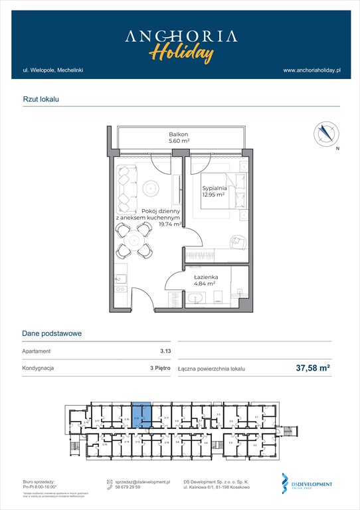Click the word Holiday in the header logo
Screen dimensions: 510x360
point(181,52)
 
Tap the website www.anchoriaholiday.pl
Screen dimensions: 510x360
point(312,70)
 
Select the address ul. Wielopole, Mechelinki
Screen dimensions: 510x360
point(52,70)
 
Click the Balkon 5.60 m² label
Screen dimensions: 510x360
point(179,137)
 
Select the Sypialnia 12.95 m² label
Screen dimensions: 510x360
point(215,191)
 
